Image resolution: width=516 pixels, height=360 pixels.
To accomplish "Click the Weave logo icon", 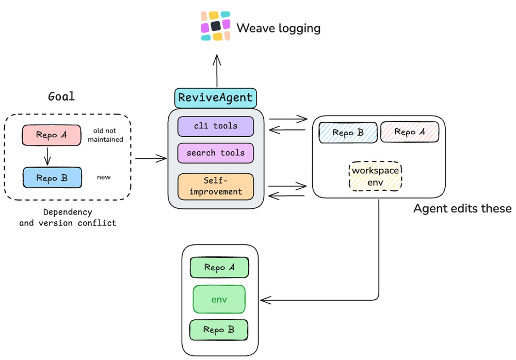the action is click(216, 26).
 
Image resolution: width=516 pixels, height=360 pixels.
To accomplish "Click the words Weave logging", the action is click(279, 28).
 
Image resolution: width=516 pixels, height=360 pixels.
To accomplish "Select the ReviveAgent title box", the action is click(216, 97).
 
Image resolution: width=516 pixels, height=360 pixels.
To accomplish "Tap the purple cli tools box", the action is click(216, 126).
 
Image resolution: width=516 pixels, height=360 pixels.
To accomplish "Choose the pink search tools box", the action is click(216, 153).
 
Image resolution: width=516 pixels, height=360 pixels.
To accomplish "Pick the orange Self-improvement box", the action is click(216, 186).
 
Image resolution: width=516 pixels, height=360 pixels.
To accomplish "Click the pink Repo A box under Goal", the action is click(51, 135).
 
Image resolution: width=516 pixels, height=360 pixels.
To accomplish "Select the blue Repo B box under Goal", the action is click(52, 178).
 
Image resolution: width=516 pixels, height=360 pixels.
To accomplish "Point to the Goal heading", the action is click(61, 96).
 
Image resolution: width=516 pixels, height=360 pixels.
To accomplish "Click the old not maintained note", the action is click(105, 135).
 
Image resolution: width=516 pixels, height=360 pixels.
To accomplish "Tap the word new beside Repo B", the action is click(104, 177).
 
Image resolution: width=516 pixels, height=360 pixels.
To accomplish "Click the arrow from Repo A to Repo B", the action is click(47, 156).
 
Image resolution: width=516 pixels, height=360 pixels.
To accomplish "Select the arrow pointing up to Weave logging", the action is click(217, 71).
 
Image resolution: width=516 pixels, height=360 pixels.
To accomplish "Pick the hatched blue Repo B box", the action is click(348, 133).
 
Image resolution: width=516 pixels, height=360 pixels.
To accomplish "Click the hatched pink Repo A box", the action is click(410, 132).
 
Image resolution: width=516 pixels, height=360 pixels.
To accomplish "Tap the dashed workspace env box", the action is click(375, 176).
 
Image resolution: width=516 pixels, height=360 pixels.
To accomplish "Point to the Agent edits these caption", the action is click(462, 209).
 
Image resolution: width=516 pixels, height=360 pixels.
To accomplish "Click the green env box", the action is click(219, 300).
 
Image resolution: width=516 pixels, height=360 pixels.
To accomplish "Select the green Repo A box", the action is click(219, 267).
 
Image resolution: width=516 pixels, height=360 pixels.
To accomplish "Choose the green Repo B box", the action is click(218, 330).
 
